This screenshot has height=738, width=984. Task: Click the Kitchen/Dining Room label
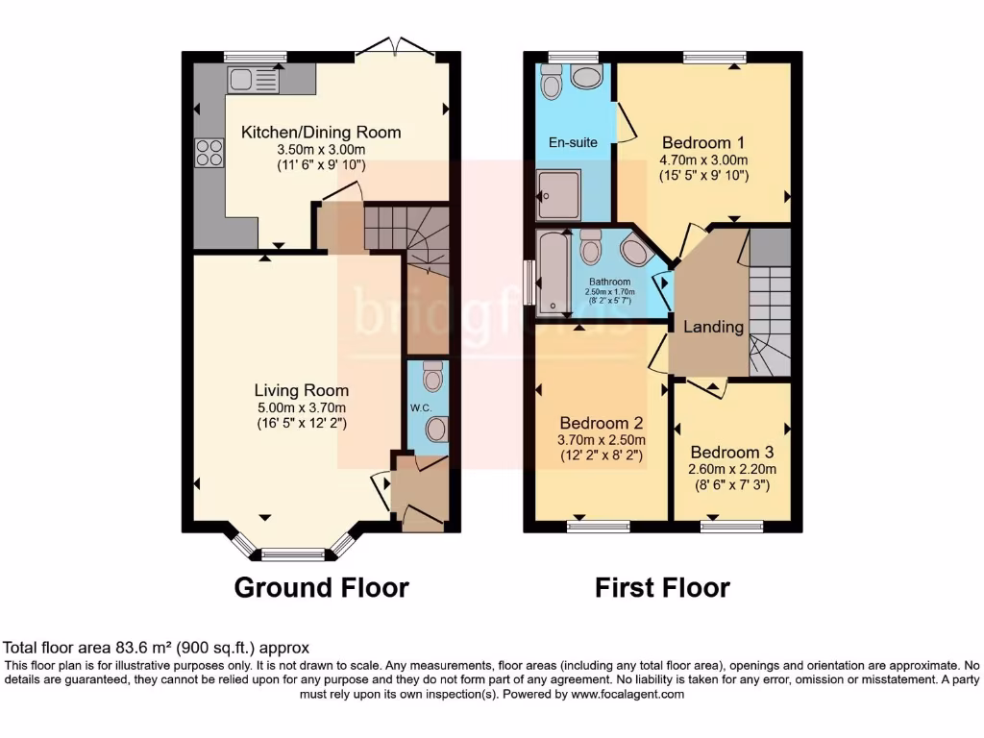click(320, 133)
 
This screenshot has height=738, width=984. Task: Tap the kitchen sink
click(253, 81)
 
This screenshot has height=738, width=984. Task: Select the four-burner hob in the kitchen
click(209, 153)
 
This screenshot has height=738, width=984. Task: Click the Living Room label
click(301, 390)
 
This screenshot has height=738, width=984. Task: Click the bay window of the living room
click(293, 553)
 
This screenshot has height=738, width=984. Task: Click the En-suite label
click(573, 142)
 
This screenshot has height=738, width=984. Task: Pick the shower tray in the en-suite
click(558, 195)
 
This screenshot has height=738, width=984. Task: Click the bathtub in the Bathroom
click(553, 273)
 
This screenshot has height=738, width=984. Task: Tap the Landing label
click(713, 327)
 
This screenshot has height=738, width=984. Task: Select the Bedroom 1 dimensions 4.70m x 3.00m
click(703, 160)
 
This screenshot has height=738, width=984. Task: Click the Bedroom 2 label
click(601, 423)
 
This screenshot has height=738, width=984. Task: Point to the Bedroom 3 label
click(731, 452)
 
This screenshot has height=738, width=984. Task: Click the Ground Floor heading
click(321, 587)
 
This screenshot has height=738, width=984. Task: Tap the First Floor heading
click(662, 587)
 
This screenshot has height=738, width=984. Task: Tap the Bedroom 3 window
click(731, 526)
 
